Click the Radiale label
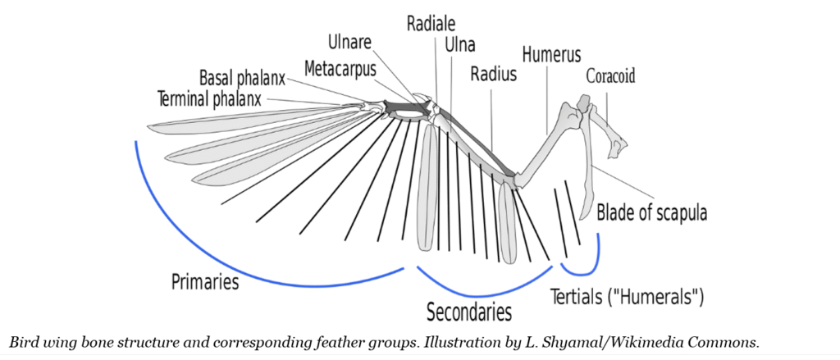click(x=431, y=23)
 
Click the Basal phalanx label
click(x=242, y=80)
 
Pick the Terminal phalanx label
click(x=208, y=99)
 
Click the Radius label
click(x=493, y=75)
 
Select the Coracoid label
click(x=610, y=77)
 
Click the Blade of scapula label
click(x=652, y=212)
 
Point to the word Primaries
click(x=205, y=283)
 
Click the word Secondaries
click(x=469, y=312)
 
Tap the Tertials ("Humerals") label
click(x=627, y=296)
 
